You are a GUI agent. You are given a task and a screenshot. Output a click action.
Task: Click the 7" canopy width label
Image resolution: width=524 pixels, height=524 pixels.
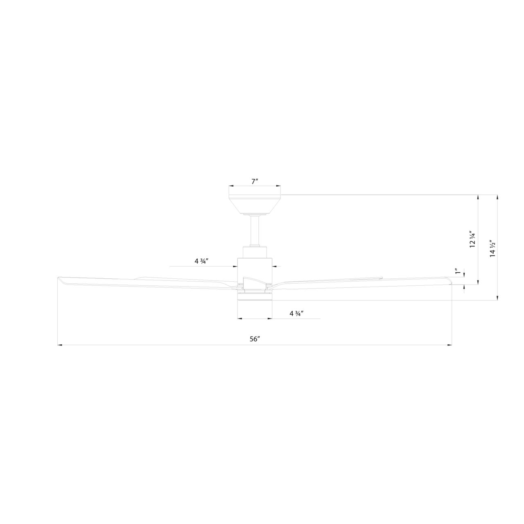[255, 181]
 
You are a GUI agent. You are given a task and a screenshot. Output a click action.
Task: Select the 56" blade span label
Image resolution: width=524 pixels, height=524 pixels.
[255, 339]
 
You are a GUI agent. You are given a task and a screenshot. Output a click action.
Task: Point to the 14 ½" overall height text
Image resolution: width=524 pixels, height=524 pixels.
[492, 248]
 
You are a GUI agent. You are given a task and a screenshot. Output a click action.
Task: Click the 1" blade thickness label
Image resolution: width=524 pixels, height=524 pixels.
[458, 272]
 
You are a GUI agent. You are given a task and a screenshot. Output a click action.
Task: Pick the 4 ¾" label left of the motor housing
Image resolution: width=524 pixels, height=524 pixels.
[201, 261]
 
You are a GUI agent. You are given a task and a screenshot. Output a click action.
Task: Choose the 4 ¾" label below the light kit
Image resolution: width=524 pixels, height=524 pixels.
[296, 314]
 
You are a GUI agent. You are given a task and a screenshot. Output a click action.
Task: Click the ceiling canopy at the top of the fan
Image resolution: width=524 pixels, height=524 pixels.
[255, 204]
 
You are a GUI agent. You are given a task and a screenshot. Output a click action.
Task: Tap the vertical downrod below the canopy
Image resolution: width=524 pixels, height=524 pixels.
[255, 230]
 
